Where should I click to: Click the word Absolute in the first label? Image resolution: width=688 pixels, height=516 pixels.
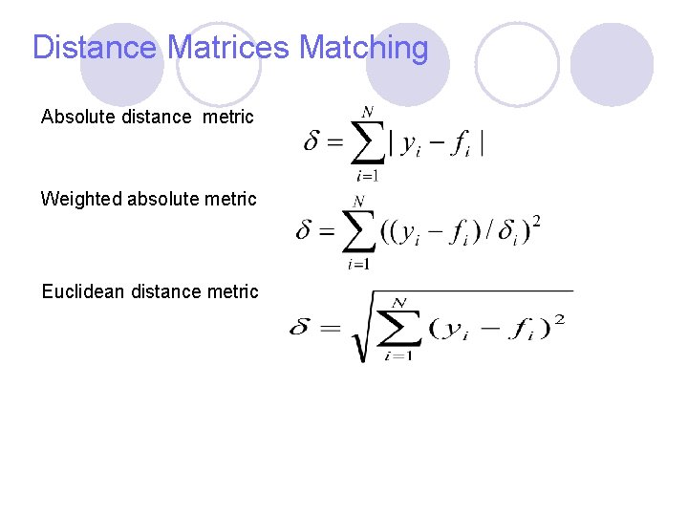click(x=80, y=117)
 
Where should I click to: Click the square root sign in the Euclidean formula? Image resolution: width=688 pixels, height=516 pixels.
click(x=363, y=330)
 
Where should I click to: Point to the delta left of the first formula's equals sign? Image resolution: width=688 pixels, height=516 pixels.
click(x=312, y=143)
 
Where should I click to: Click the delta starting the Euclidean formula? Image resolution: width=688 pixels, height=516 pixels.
click(x=300, y=328)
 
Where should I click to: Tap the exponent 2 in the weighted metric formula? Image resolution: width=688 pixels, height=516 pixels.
click(x=536, y=222)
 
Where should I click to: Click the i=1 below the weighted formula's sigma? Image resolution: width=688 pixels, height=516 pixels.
click(x=358, y=264)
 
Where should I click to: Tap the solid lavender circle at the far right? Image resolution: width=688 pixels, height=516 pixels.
click(x=612, y=64)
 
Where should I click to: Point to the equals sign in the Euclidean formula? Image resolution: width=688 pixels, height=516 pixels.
click(x=330, y=328)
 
